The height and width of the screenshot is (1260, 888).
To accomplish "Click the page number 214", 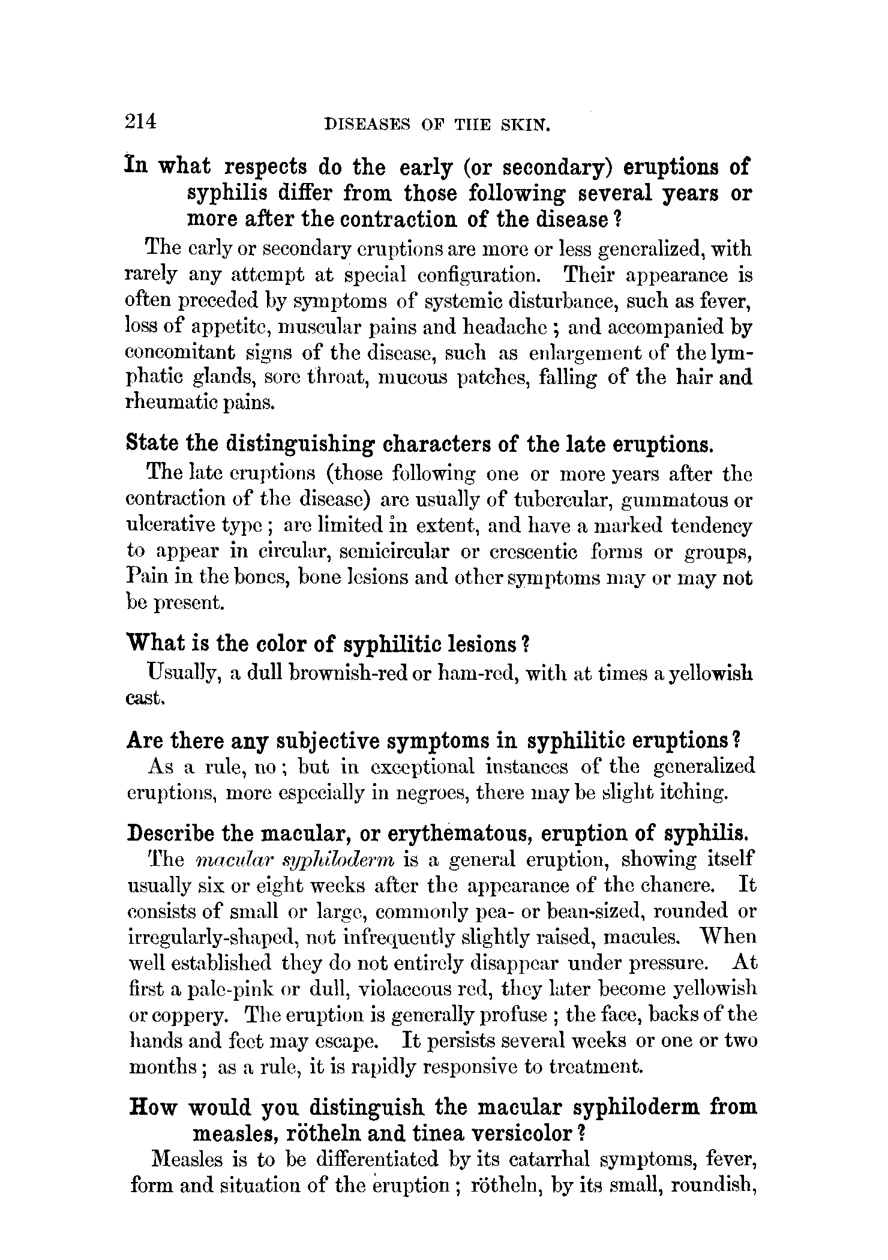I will point(141,121).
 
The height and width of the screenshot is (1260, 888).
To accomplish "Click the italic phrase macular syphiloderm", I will point(295,860).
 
